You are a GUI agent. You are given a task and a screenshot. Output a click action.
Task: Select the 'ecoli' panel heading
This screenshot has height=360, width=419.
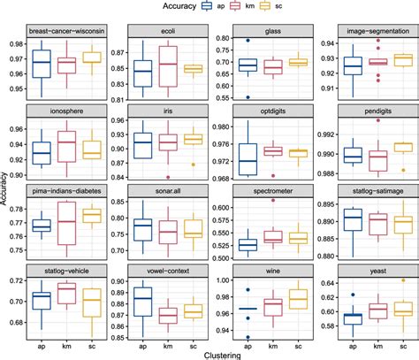166,31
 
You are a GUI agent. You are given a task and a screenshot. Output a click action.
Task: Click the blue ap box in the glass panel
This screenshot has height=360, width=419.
248,65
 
